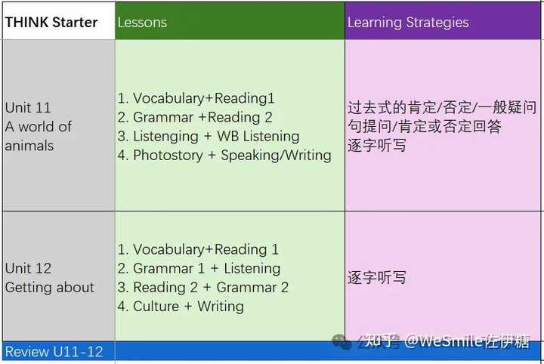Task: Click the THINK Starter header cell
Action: pyautogui.click(x=51, y=22)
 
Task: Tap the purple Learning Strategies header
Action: pyautogui.click(x=408, y=23)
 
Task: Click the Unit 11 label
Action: pyautogui.click(x=28, y=108)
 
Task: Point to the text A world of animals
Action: pyautogui.click(x=38, y=136)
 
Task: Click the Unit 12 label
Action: pyautogui.click(x=28, y=268)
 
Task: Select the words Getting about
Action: pyautogui.click(x=50, y=287)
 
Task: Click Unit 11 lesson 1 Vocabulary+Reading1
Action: pyautogui.click(x=196, y=98)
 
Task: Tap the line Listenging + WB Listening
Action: pyautogui.click(x=209, y=137)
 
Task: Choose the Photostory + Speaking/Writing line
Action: pyautogui.click(x=224, y=156)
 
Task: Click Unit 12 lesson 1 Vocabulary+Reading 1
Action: pyautogui.click(x=198, y=249)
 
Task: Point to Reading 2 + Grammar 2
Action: pyautogui.click(x=203, y=287)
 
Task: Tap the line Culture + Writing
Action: pyautogui.click(x=181, y=306)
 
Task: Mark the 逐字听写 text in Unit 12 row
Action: pyautogui.click(x=377, y=277)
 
